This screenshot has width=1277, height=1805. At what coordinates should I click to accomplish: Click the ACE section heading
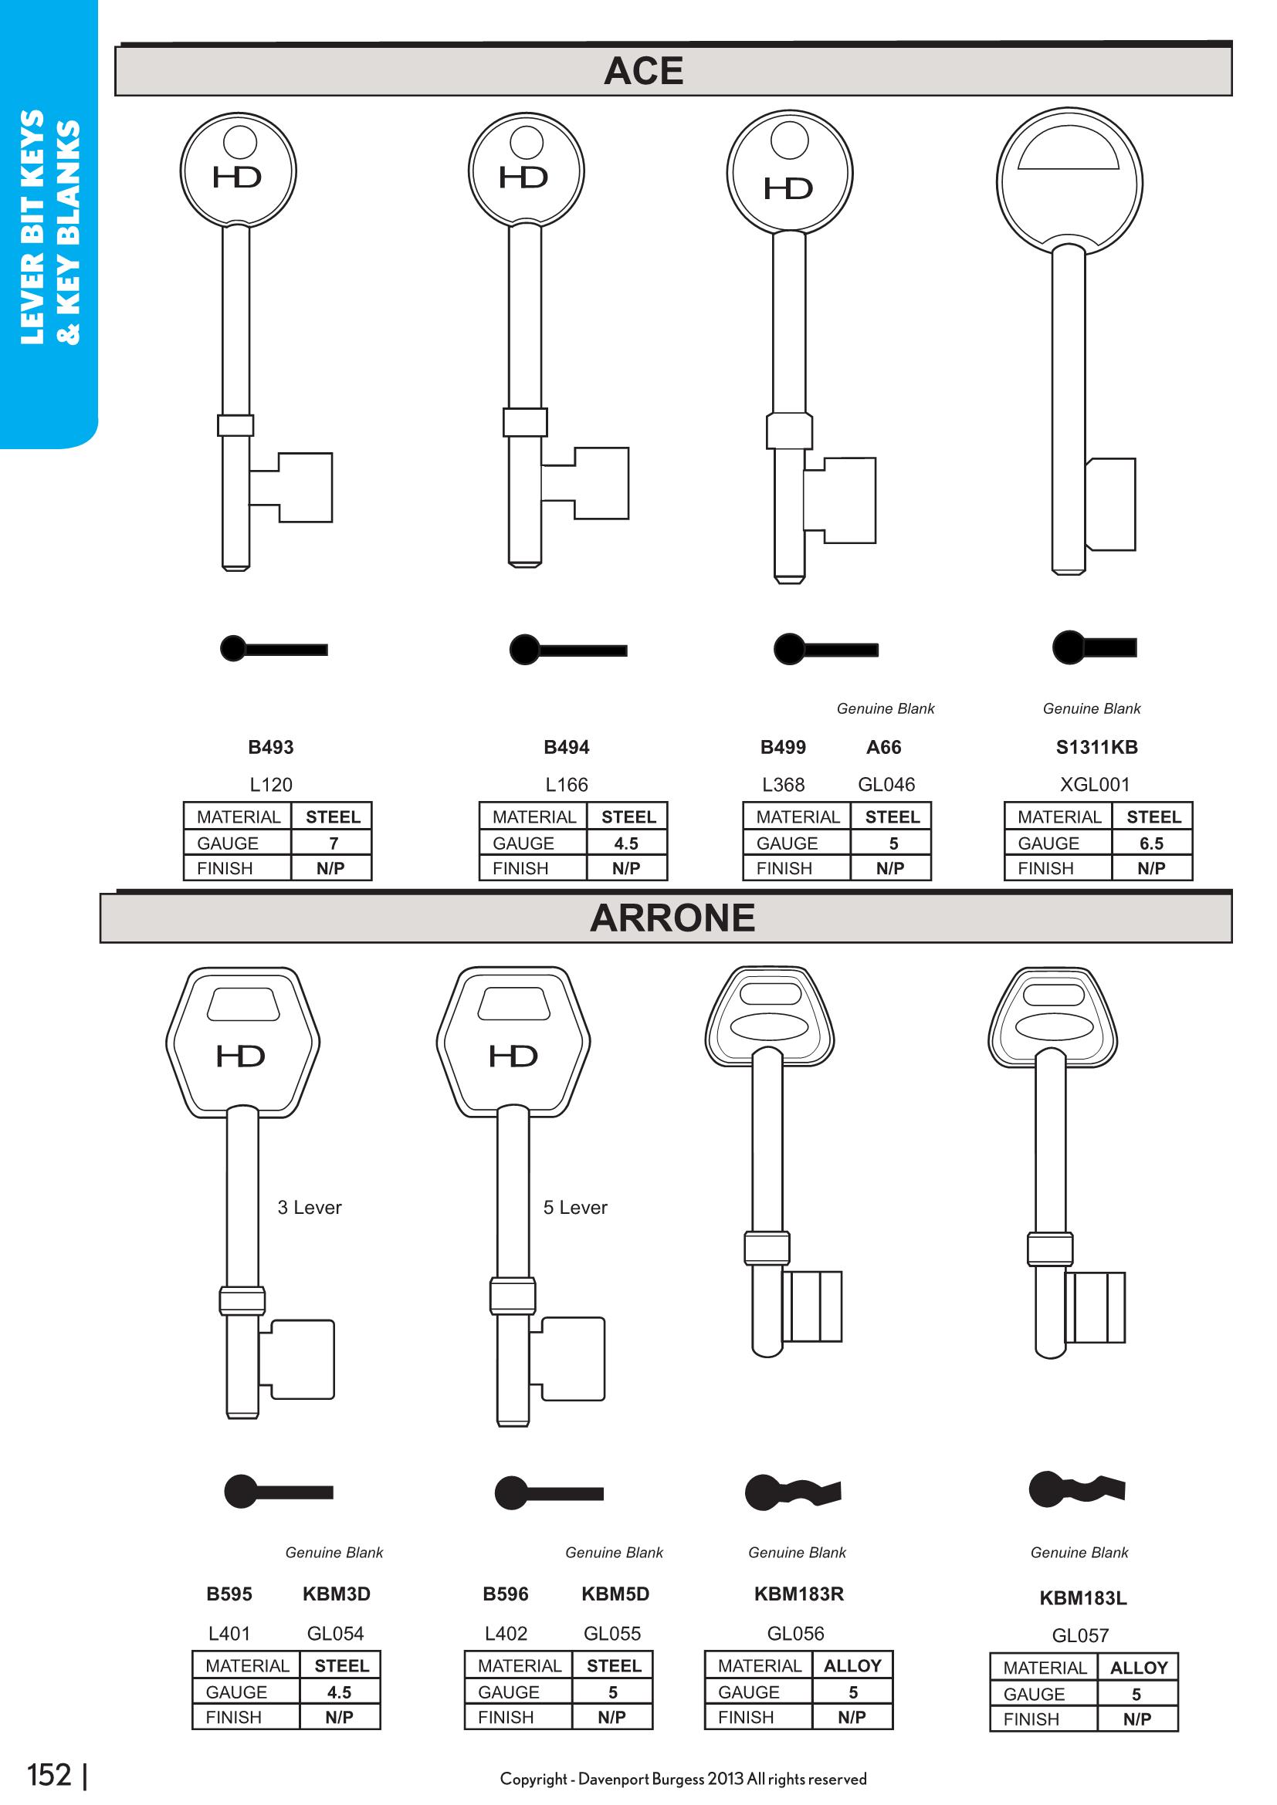tap(643, 72)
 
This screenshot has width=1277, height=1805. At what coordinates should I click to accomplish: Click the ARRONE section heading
tap(672, 918)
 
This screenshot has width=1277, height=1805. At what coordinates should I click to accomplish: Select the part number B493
tap(270, 747)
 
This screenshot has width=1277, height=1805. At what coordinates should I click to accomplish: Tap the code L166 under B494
tap(566, 784)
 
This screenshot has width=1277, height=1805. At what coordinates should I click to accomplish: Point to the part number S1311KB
tap(1096, 747)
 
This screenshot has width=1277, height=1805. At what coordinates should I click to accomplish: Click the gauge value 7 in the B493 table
tap(334, 843)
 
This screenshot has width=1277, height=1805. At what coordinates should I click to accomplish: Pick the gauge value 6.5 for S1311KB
tap(1151, 843)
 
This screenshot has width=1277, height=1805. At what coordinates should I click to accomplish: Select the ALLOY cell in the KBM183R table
tap(852, 1665)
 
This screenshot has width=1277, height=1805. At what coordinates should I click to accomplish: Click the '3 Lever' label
tap(310, 1207)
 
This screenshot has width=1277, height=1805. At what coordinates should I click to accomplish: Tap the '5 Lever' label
tap(575, 1207)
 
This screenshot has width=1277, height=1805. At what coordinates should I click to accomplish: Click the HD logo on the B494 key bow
tap(523, 177)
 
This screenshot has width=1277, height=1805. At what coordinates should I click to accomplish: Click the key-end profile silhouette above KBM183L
tap(1077, 1488)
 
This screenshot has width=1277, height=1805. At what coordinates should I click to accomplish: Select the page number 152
tap(49, 1775)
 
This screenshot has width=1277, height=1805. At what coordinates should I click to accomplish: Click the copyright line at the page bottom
tap(683, 1778)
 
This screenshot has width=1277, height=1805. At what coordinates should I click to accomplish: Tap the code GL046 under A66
tap(886, 784)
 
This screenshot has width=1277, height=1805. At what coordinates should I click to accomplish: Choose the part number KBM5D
tap(615, 1594)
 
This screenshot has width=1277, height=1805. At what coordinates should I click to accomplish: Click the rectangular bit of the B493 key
tap(304, 488)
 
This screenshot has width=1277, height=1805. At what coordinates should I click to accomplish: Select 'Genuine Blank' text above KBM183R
tap(797, 1552)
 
